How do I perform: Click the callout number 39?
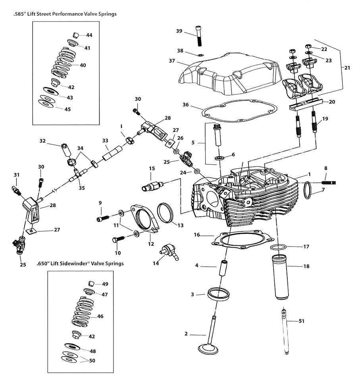tap(179, 31)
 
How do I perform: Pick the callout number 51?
tap(301, 321)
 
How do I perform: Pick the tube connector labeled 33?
tap(110, 153)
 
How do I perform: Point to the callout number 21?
tap(347, 68)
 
